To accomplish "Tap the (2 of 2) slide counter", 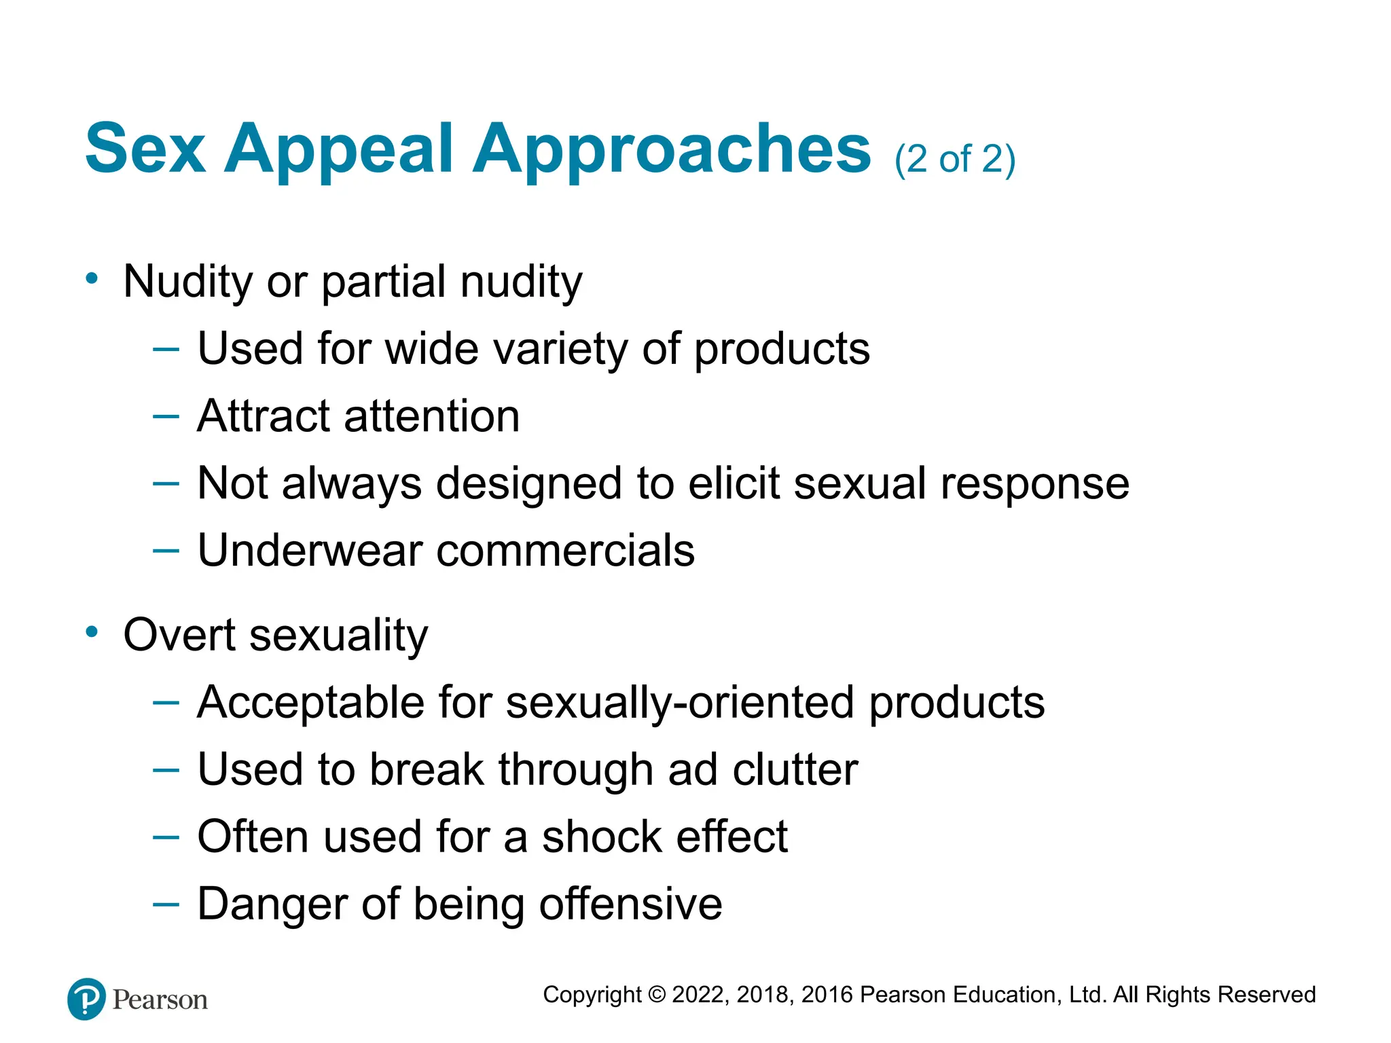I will pos(954,160).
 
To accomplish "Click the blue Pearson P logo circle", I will pos(87,999).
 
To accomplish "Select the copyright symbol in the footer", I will pos(657,995).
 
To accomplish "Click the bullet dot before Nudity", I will pos(92,278).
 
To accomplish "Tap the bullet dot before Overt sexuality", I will pos(92,632).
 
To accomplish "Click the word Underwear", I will pos(310,550).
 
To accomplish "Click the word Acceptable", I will pos(310,702).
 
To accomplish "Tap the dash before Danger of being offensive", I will pos(166,904).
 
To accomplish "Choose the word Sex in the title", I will pos(145,149).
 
